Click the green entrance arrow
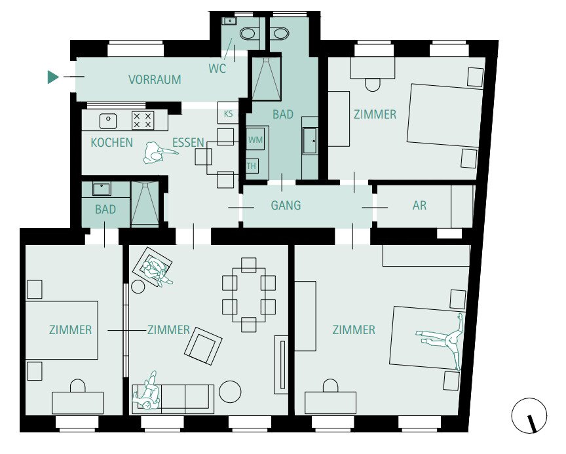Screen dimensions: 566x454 [52, 77]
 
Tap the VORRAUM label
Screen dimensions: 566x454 [155, 79]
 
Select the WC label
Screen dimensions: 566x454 [217, 68]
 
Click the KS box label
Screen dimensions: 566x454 [228, 114]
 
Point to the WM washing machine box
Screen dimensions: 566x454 [255, 140]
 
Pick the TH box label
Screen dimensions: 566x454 [252, 166]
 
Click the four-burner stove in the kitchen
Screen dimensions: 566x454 [143, 120]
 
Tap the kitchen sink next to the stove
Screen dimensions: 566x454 [108, 121]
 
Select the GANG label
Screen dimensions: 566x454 [286, 205]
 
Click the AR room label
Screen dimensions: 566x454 [419, 205]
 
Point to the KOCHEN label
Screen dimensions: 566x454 [112, 143]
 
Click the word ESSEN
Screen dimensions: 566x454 [188, 143]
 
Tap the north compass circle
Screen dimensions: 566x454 [529, 416]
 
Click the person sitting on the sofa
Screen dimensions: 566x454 [147, 392]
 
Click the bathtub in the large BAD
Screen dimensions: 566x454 [310, 140]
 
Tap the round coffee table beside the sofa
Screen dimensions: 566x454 [230, 392]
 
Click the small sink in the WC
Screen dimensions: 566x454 [229, 20]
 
